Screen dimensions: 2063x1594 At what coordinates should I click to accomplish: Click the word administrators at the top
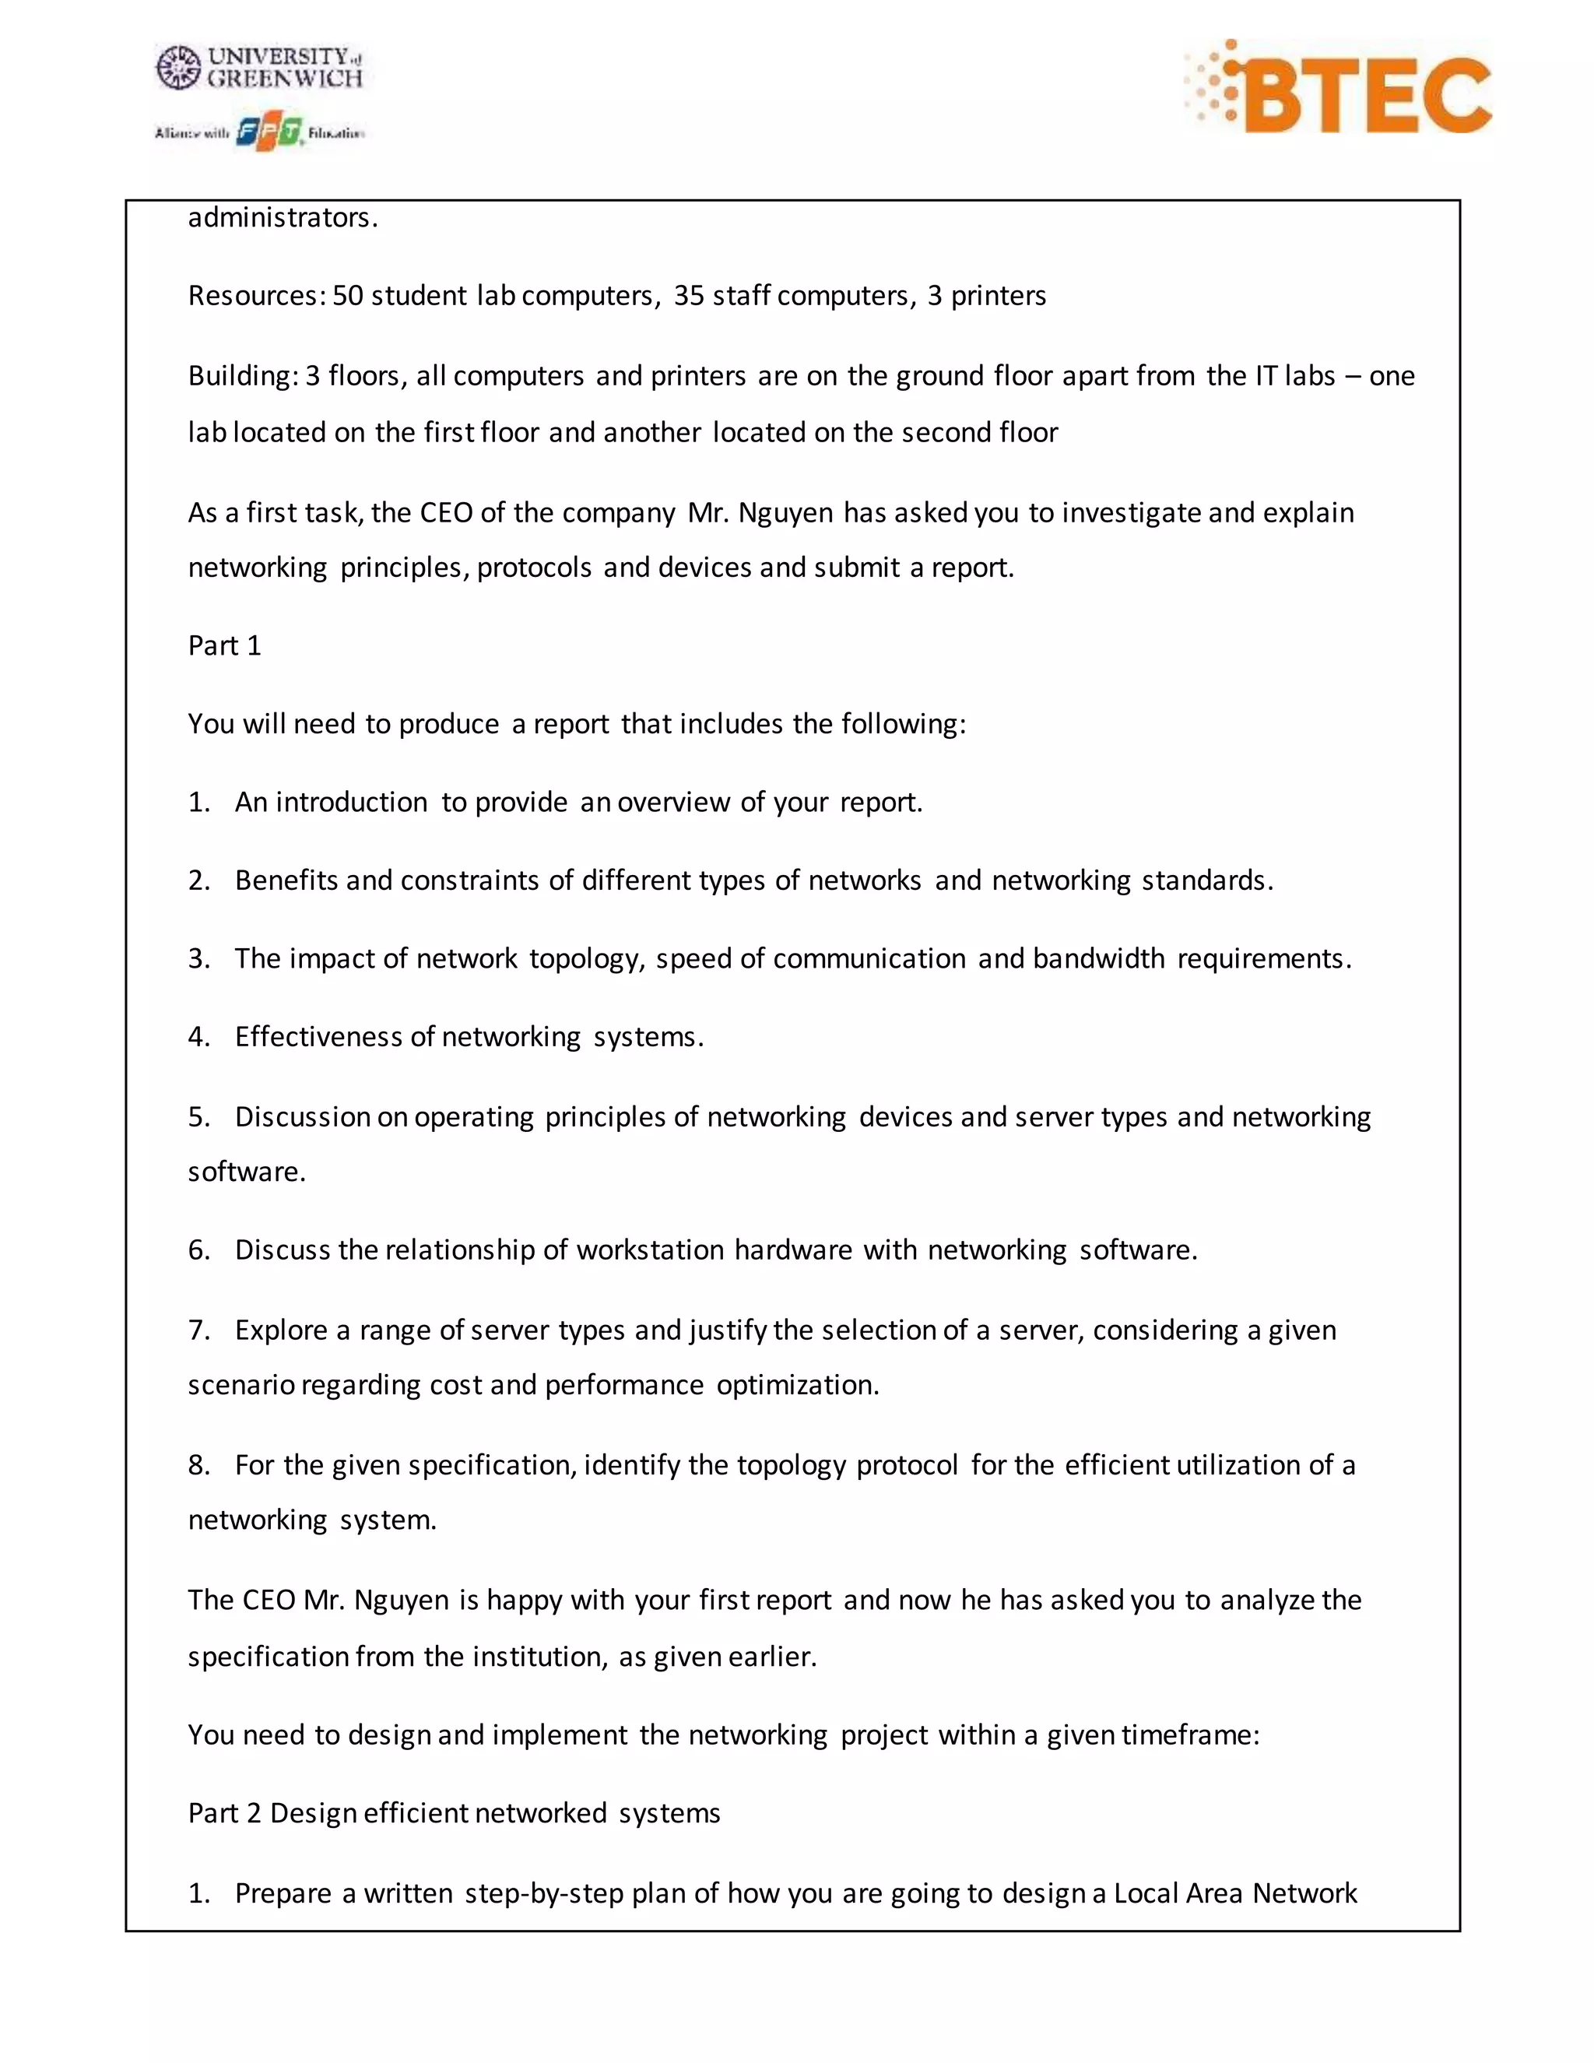(x=283, y=218)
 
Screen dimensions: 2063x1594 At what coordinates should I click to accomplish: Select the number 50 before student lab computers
(x=347, y=296)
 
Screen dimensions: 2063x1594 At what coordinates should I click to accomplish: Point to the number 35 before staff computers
(x=688, y=296)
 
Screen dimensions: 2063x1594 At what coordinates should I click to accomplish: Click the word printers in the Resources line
(x=998, y=297)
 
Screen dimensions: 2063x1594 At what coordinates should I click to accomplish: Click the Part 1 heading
(x=224, y=646)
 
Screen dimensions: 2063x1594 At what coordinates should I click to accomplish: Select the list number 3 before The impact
(x=198, y=959)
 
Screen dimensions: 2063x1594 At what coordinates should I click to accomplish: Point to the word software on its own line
(x=245, y=1172)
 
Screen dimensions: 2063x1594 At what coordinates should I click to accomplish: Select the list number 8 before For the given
(x=198, y=1465)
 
